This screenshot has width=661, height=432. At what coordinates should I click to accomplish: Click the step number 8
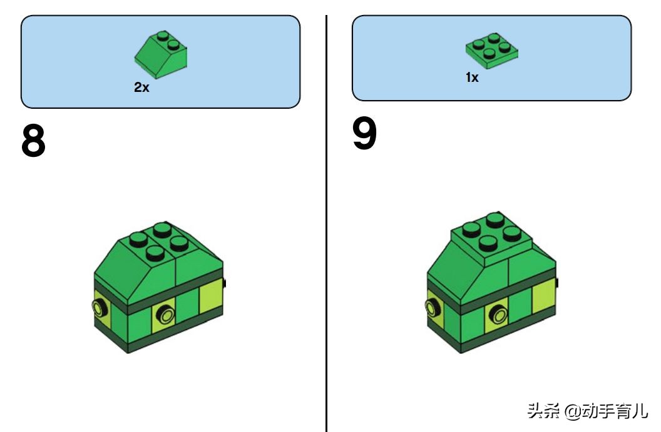tap(33, 141)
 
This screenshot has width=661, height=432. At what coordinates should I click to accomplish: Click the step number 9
tap(364, 133)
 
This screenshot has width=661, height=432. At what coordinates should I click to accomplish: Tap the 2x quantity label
tap(141, 87)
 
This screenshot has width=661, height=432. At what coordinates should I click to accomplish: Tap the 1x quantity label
tap(472, 78)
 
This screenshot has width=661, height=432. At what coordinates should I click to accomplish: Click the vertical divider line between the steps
tap(326, 223)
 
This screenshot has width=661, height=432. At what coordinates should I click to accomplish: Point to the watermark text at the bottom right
tap(587, 411)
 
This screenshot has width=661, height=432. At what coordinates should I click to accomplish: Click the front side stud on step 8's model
tap(165, 314)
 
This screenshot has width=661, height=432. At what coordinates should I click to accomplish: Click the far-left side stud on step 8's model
tap(98, 308)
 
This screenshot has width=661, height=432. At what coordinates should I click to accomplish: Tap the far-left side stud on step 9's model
tap(432, 308)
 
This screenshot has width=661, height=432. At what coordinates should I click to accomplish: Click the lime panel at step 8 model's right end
tap(211, 299)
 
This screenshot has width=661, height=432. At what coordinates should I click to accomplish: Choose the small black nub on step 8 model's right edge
tap(225, 283)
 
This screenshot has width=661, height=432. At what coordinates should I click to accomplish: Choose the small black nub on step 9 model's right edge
tap(558, 283)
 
